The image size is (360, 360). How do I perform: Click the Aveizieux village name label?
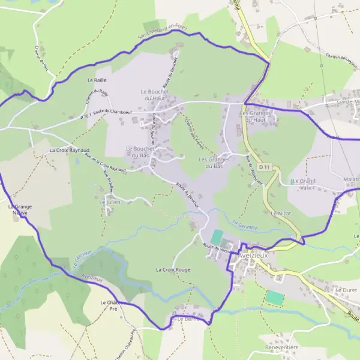(254, 254)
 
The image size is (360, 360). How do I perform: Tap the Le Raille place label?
(97, 80)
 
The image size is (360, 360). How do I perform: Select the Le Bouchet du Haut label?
(154, 94)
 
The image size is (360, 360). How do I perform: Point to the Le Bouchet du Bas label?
(139, 151)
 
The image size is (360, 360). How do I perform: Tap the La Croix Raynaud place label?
(70, 149)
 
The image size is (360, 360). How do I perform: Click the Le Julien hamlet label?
(109, 203)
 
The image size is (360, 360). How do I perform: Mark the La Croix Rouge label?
(173, 270)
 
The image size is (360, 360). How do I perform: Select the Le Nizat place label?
(281, 213)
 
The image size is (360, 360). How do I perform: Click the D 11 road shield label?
(265, 166)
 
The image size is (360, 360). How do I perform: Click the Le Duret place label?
(346, 290)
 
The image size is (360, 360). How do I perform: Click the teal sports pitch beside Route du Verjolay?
(216, 237)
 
